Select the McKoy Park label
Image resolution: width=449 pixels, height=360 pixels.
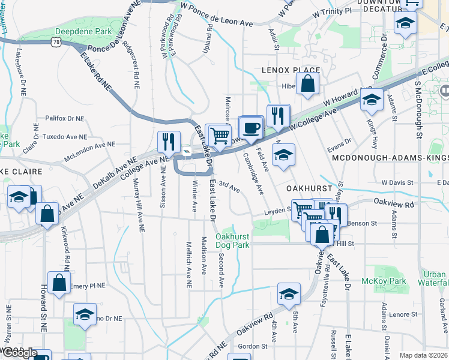[384, 281]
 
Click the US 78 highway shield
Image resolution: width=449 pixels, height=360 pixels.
[56, 41]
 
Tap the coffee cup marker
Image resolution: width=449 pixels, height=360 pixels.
[251, 128]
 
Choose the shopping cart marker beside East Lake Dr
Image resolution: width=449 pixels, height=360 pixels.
[219, 136]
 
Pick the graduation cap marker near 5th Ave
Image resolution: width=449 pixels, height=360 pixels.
[289, 294]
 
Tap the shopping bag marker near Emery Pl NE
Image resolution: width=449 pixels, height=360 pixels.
[59, 284]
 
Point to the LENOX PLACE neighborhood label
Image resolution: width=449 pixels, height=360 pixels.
[291, 70]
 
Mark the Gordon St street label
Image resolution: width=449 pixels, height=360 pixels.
[252, 346]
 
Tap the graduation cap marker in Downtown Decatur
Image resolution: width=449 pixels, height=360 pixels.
[406, 25]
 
